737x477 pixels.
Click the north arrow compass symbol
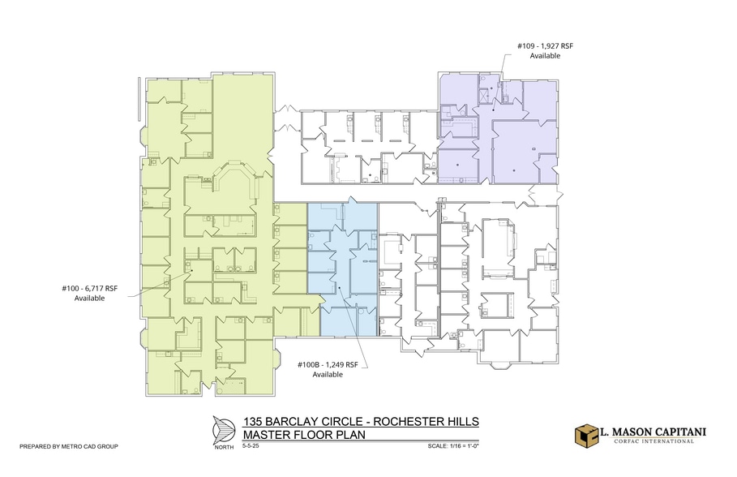coord(224,429)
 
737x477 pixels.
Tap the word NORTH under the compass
coord(224,447)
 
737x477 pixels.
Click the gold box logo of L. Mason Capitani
coord(586,435)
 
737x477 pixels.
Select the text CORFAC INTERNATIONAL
coord(653,441)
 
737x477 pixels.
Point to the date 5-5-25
coord(251,445)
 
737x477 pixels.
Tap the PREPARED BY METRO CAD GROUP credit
coord(69,446)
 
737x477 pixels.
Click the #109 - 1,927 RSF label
coord(545,46)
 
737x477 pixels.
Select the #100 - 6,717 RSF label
coord(89,288)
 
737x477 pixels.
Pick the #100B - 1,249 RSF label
coord(328,364)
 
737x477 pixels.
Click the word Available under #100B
coord(328,375)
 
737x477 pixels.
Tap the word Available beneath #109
coord(545,55)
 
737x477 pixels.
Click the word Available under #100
coord(89,299)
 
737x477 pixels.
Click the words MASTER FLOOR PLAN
coord(304,434)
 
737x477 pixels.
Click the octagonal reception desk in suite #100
coord(236,178)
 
